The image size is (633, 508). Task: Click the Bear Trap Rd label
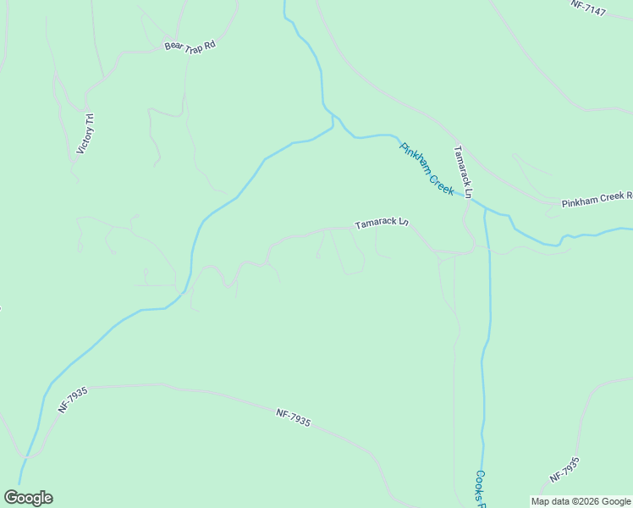pyautogui.click(x=190, y=45)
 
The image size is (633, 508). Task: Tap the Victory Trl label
pyautogui.click(x=85, y=134)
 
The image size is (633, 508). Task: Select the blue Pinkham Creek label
pyautogui.click(x=427, y=168)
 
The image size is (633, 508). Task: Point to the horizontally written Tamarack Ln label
pyautogui.click(x=382, y=224)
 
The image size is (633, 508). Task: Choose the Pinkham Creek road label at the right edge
pyautogui.click(x=597, y=198)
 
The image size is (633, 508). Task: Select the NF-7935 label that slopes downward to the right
pyautogui.click(x=293, y=417)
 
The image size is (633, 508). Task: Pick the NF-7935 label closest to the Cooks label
pyautogui.click(x=564, y=470)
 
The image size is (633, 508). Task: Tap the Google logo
pyautogui.click(x=28, y=497)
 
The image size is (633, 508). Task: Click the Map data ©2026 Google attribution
pyautogui.click(x=581, y=501)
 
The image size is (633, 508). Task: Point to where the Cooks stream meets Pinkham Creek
pyautogui.click(x=486, y=208)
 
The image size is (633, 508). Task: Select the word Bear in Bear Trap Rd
pyautogui.click(x=173, y=47)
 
